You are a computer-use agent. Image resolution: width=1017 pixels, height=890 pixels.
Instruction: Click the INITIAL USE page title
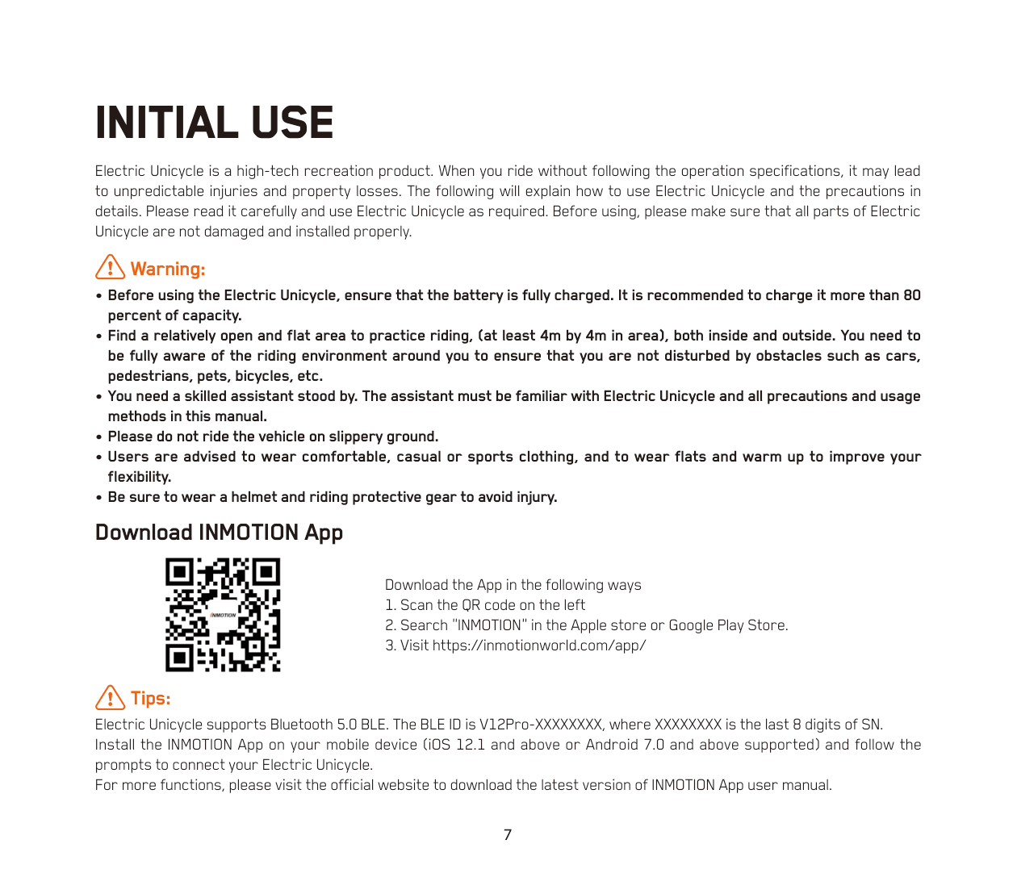(214, 123)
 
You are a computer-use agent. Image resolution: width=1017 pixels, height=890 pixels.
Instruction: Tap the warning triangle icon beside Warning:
(110, 267)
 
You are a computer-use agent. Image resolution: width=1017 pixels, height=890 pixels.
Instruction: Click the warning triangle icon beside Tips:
(110, 697)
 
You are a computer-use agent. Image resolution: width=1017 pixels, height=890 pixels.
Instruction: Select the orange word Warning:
(168, 269)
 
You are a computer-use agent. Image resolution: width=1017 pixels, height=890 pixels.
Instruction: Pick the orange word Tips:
(150, 698)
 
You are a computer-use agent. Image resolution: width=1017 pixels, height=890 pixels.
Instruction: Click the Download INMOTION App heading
(219, 533)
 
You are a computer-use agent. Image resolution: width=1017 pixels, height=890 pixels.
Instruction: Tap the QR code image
(223, 615)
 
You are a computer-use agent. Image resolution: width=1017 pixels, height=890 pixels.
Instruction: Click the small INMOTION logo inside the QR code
(224, 615)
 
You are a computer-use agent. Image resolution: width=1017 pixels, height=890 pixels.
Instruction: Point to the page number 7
(508, 835)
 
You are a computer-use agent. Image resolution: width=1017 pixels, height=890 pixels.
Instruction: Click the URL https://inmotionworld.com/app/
(539, 646)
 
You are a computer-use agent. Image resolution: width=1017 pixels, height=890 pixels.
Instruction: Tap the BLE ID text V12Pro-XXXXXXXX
(541, 725)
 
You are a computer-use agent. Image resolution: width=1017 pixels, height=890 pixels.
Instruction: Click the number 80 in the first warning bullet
(911, 295)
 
